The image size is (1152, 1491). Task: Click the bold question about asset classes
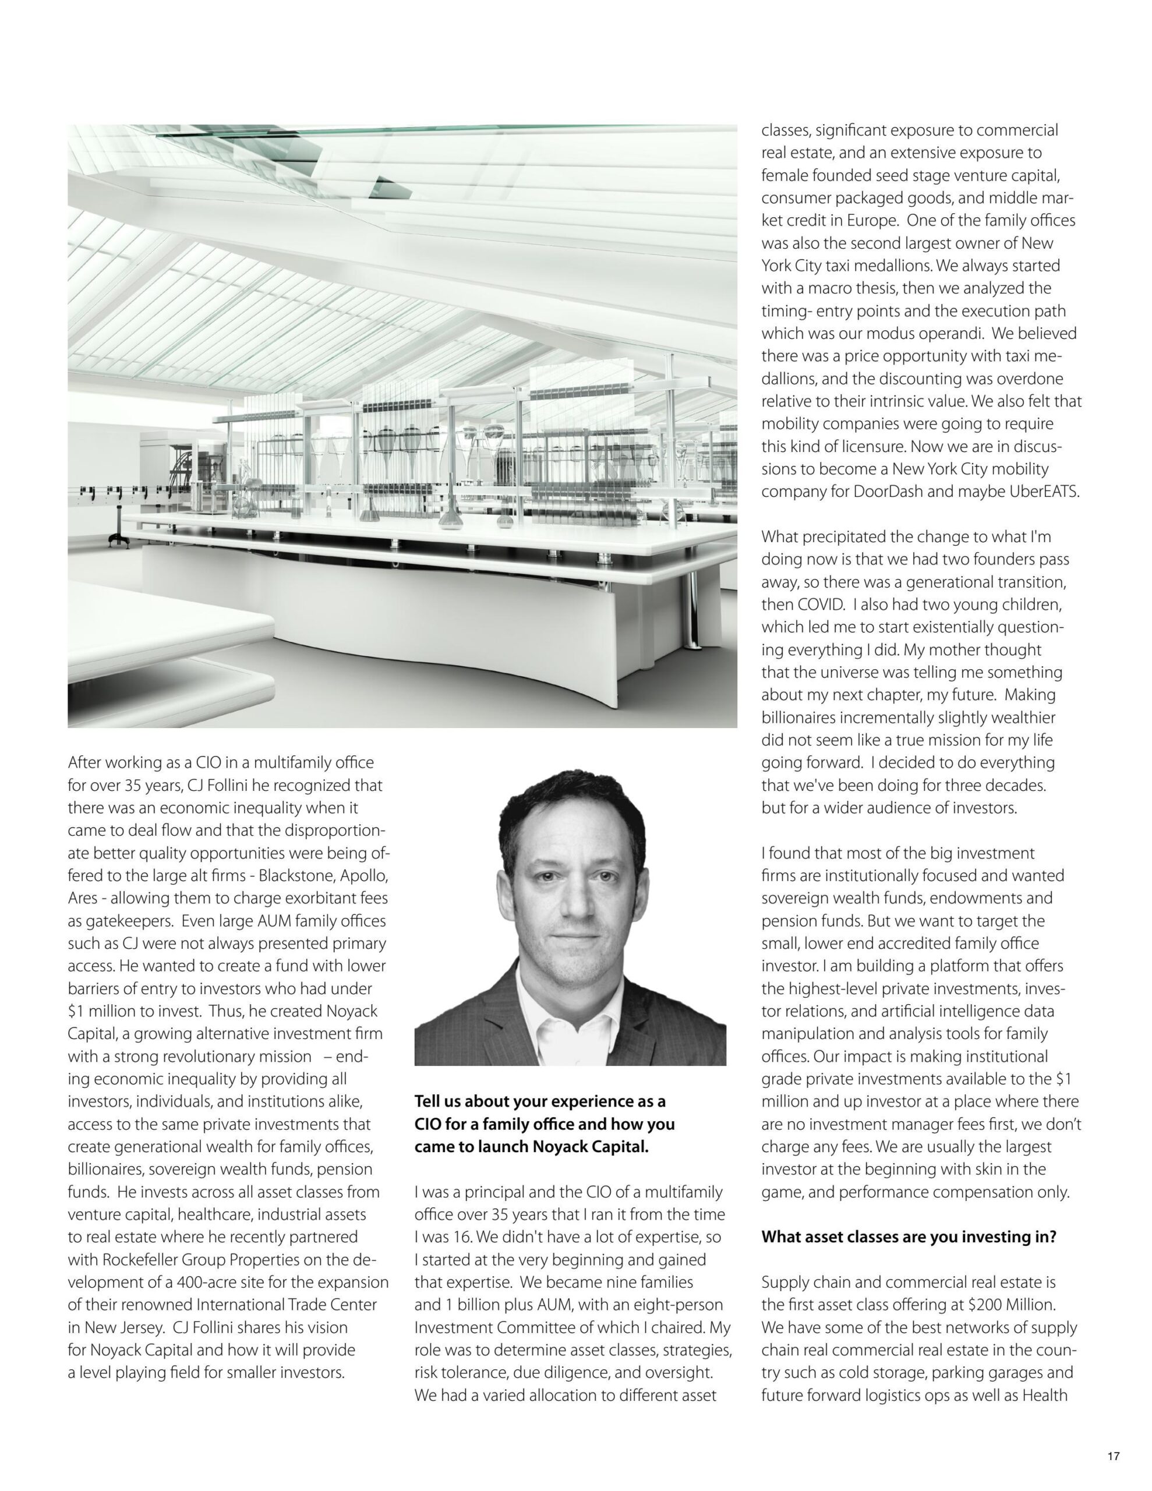click(908, 1236)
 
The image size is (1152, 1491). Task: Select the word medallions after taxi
click(872, 266)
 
